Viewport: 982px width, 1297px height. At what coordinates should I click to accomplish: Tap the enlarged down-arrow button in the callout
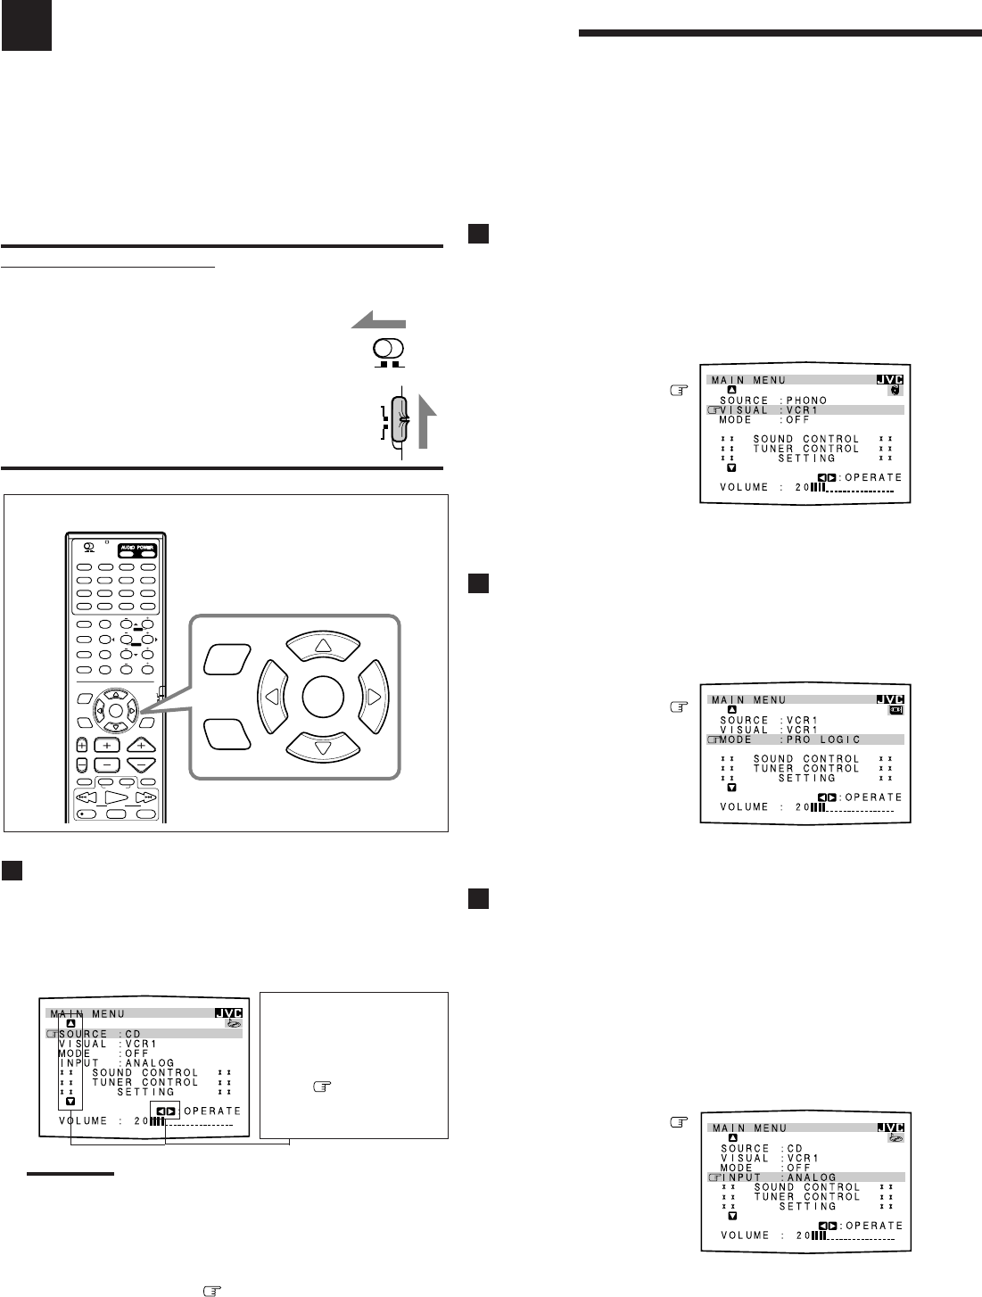pos(322,746)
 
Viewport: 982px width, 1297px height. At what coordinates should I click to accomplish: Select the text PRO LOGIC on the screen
pos(823,739)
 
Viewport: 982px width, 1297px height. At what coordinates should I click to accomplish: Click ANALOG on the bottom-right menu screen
pos(813,1177)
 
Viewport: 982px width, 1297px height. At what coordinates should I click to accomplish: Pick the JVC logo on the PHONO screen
pos(891,379)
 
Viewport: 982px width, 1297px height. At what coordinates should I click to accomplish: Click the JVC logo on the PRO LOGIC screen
pos(891,700)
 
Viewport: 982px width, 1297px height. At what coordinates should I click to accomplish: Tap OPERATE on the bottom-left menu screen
pos(212,1111)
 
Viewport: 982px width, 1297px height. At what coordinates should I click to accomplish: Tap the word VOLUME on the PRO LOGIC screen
pos(744,807)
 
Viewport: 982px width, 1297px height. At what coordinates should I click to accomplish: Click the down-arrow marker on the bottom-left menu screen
pos(70,1102)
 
